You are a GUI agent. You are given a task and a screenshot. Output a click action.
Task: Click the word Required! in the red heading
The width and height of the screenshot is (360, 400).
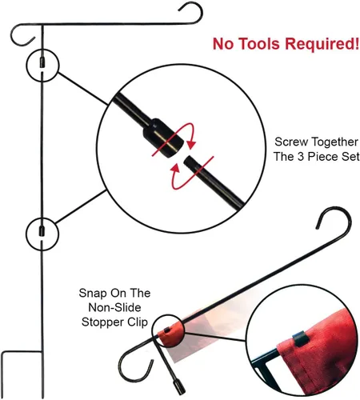click(x=322, y=44)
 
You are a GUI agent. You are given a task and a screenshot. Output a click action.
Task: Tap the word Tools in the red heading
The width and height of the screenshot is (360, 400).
click(x=259, y=44)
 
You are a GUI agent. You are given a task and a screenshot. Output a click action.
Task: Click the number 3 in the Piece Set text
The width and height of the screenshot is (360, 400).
click(x=301, y=157)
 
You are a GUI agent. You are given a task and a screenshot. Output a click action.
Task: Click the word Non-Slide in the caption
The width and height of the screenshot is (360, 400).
click(x=114, y=307)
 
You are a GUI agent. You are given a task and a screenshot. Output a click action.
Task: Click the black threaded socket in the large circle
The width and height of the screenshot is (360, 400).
click(x=163, y=138)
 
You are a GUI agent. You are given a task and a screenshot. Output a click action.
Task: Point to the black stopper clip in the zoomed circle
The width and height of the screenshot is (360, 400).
click(x=301, y=338)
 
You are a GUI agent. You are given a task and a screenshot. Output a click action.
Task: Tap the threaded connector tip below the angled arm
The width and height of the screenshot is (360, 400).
click(x=180, y=388)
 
